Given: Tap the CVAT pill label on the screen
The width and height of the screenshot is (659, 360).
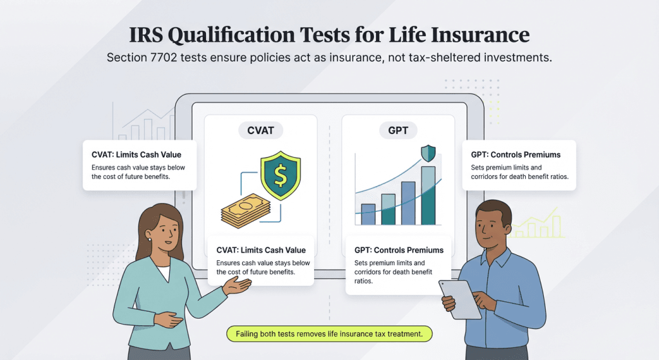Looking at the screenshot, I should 261,130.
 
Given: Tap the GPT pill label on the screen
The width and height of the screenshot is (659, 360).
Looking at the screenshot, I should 398,130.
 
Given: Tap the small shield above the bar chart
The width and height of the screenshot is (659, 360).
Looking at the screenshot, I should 428,153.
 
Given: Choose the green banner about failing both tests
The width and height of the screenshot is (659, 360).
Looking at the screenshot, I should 329,334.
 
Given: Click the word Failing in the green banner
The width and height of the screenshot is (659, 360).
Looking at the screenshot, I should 250,334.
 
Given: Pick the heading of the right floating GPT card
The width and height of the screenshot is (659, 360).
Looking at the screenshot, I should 515,155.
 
